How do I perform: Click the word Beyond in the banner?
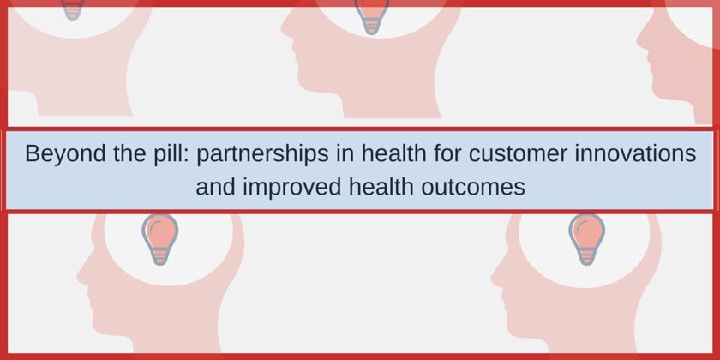click(x=65, y=153)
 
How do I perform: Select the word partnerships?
click(x=262, y=153)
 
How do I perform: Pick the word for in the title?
click(x=447, y=153)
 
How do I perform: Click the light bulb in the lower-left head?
click(x=159, y=239)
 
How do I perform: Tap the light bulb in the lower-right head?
click(x=586, y=239)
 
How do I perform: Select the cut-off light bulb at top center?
click(x=371, y=17)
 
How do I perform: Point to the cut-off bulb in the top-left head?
click(x=73, y=10)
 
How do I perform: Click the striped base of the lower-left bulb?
click(x=159, y=256)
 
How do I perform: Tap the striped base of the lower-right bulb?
click(x=586, y=256)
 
